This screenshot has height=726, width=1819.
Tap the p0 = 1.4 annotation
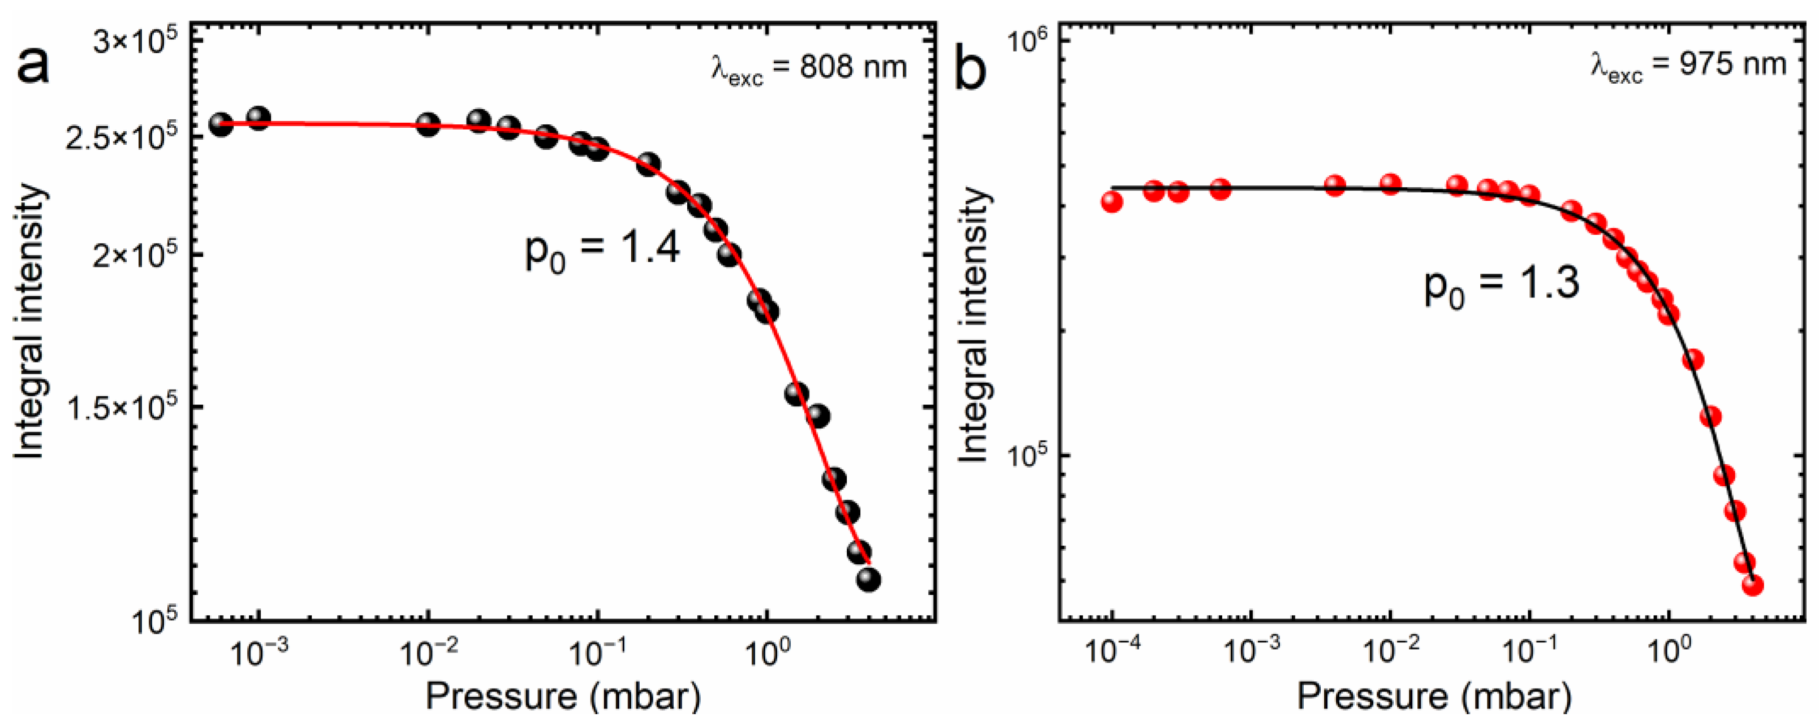pyautogui.click(x=602, y=250)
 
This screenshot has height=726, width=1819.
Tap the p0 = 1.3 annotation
pyautogui.click(x=1501, y=286)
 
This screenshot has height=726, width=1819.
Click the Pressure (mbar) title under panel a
pyautogui.click(x=563, y=698)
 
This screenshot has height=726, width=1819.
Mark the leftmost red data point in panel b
pyautogui.click(x=1112, y=202)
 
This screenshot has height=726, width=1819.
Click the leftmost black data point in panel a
pyautogui.click(x=221, y=125)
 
